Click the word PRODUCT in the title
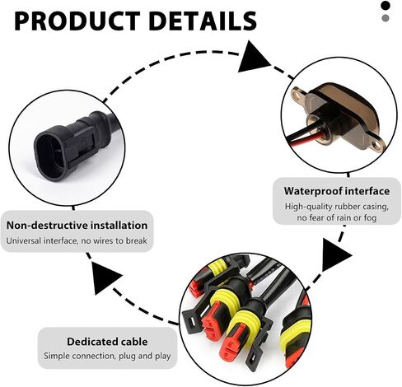(x=77, y=21)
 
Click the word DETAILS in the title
(x=203, y=21)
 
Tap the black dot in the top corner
(x=386, y=6)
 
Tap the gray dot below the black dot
(x=386, y=18)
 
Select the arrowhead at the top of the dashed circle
(x=252, y=58)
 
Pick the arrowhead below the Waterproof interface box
(x=335, y=255)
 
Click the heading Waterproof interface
(x=337, y=191)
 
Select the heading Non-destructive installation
(x=77, y=226)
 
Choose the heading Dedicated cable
(x=107, y=342)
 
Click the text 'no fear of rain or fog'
(x=337, y=218)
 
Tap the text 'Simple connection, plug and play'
(x=107, y=356)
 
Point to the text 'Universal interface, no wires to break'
(x=77, y=240)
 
